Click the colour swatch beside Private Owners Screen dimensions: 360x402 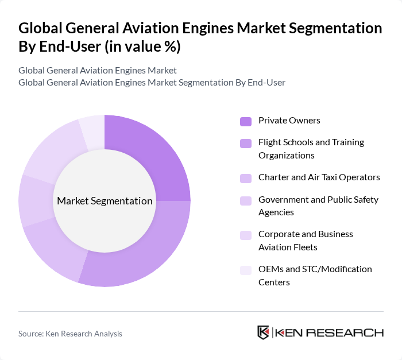click(246, 121)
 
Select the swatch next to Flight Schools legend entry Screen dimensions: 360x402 click(246, 143)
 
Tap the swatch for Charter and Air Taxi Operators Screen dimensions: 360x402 click(246, 178)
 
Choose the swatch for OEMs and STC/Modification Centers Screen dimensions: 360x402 click(246, 270)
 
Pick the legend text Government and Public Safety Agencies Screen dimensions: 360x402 click(318, 206)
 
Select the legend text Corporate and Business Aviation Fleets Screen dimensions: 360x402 click(306, 241)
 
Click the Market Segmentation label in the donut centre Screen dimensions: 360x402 click(105, 201)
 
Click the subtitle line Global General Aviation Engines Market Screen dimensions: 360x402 click(98, 71)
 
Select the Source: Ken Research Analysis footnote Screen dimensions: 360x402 click(70, 334)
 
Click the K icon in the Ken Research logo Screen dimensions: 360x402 click(264, 333)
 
